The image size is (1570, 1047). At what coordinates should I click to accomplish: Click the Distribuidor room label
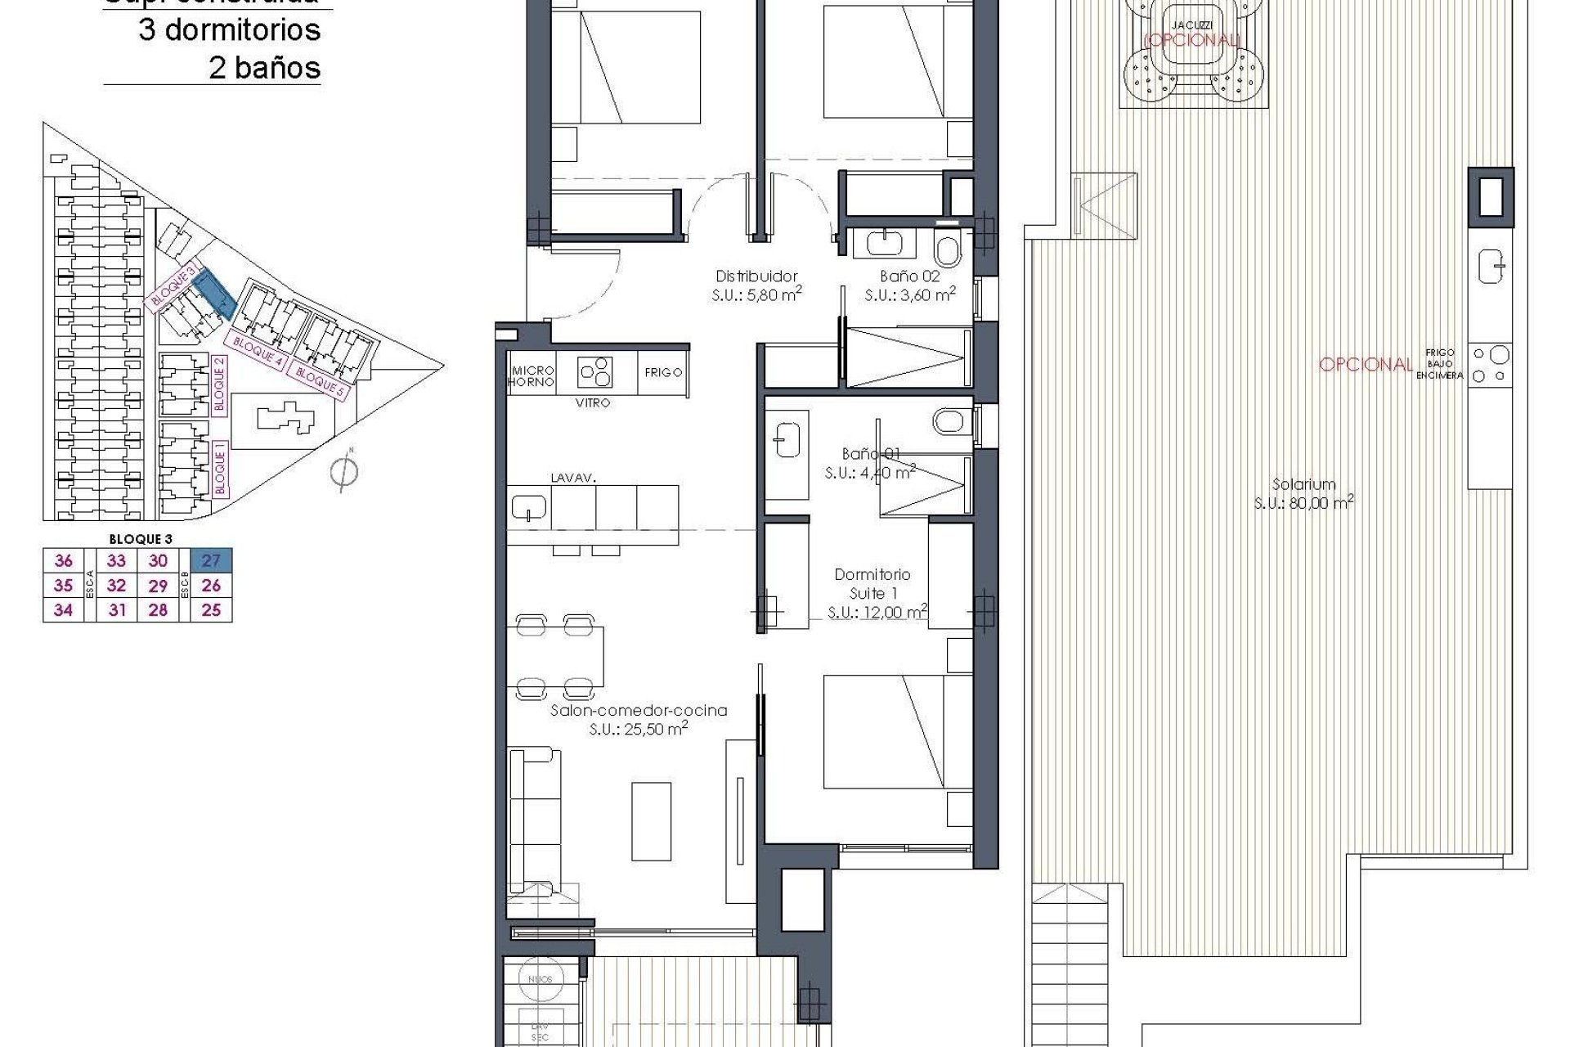tap(756, 276)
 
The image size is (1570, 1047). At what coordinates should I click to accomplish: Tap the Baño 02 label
tap(909, 276)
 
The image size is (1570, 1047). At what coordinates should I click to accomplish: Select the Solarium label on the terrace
tap(1303, 484)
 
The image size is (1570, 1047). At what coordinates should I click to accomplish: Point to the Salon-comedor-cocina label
tap(639, 711)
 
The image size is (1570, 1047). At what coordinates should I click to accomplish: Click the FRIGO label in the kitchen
tap(663, 372)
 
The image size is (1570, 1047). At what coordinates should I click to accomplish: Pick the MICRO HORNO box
tap(532, 376)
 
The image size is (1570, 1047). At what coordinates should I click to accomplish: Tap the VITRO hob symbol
tap(595, 373)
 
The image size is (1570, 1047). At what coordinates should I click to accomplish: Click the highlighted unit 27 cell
tap(211, 560)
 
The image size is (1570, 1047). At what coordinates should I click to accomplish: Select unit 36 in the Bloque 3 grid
tap(63, 560)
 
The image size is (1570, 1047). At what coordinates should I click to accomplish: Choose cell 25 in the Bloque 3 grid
tap(211, 610)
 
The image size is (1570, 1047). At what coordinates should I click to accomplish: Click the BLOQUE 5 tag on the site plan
tap(321, 383)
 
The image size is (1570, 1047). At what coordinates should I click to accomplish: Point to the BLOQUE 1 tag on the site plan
tap(219, 469)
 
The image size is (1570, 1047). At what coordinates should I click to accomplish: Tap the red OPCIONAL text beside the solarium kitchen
tap(1366, 365)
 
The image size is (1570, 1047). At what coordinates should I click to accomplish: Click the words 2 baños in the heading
tap(264, 68)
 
